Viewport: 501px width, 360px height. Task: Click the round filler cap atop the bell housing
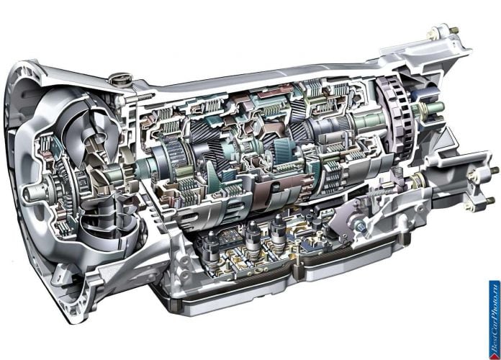(119, 78)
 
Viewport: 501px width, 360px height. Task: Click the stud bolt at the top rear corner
(454, 30)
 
